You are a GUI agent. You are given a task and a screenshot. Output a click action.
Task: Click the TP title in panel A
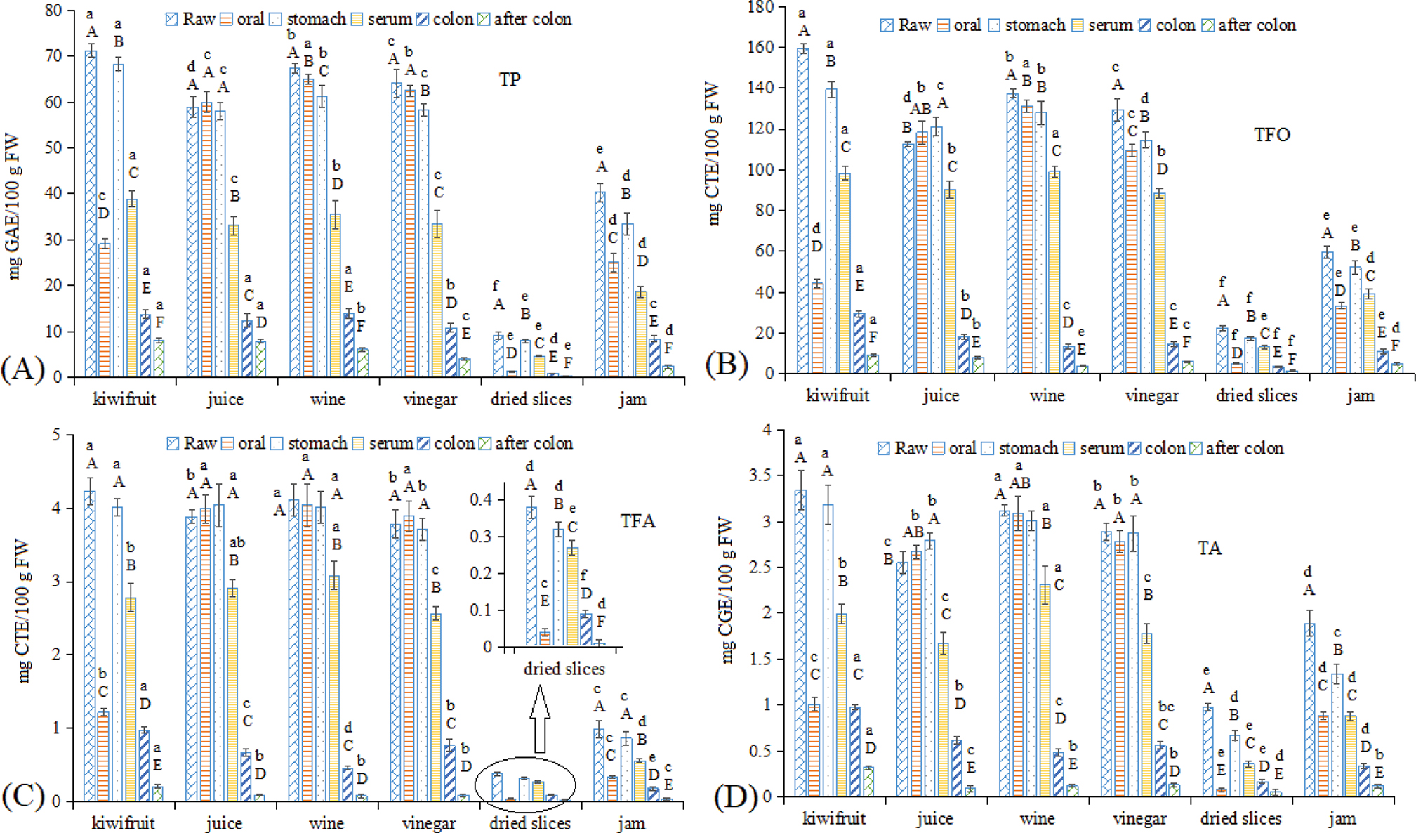pos(510,79)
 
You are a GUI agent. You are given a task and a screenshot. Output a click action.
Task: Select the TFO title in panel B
pos(1271,134)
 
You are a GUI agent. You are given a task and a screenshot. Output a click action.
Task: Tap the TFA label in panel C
pos(637,521)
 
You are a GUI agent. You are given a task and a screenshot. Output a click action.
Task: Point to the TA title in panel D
pos(1209,548)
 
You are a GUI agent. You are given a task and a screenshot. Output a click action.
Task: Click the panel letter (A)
pos(22,368)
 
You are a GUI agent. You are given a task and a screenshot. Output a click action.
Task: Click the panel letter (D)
pos(736,796)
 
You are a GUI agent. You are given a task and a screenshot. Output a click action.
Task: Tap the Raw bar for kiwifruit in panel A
pos(91,214)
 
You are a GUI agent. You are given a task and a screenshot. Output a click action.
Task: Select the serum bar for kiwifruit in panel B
pos(844,273)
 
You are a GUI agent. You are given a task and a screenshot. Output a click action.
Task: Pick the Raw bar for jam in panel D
pos(1309,709)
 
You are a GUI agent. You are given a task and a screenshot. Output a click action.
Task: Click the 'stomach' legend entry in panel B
pos(1027,25)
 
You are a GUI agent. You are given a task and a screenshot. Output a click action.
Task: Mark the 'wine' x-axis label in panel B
pos(1046,395)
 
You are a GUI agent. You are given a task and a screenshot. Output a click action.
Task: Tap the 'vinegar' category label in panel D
pos(1139,819)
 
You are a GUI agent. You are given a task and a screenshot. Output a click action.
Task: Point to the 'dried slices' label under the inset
pos(564,669)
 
